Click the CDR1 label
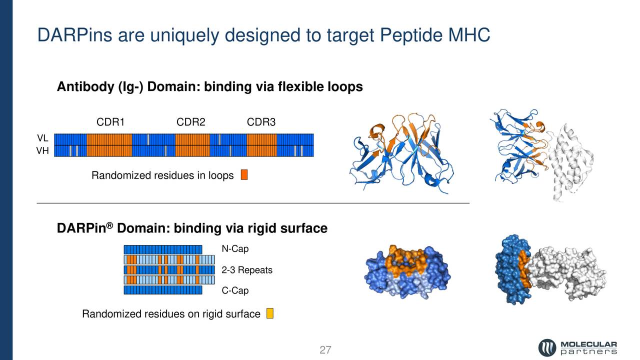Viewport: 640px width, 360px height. [x=110, y=122]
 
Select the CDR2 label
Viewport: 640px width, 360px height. [x=191, y=122]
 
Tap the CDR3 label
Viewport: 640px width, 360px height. [x=261, y=122]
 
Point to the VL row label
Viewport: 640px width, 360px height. [x=42, y=138]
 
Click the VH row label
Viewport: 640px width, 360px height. [x=42, y=150]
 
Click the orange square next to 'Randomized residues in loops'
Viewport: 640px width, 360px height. [x=244, y=175]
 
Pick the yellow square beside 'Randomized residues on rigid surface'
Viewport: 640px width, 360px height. [x=269, y=313]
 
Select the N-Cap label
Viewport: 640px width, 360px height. [x=235, y=249]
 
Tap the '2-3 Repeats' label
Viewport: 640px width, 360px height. [x=247, y=270]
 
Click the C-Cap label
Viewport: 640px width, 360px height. [x=235, y=290]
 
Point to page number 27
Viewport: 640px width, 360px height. [x=325, y=350]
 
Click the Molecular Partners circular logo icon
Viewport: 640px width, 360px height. [x=547, y=347]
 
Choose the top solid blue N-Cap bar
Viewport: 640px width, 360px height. [x=162, y=249]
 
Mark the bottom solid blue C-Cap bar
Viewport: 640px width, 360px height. [x=162, y=290]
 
